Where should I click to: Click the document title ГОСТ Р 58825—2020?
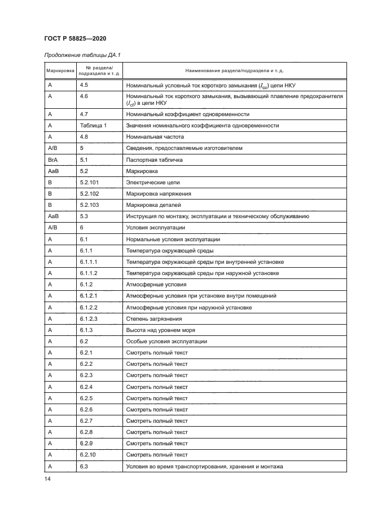click(74, 38)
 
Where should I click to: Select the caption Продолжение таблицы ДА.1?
click(82, 55)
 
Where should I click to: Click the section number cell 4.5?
click(84, 85)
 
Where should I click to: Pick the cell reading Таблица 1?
click(93, 125)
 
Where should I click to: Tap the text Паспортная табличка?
click(156, 160)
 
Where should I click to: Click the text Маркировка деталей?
click(154, 205)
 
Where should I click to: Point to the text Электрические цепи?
click(153, 182)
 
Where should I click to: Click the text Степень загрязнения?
click(154, 318)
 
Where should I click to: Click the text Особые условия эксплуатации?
click(166, 341)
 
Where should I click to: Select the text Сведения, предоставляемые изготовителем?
click(184, 148)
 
